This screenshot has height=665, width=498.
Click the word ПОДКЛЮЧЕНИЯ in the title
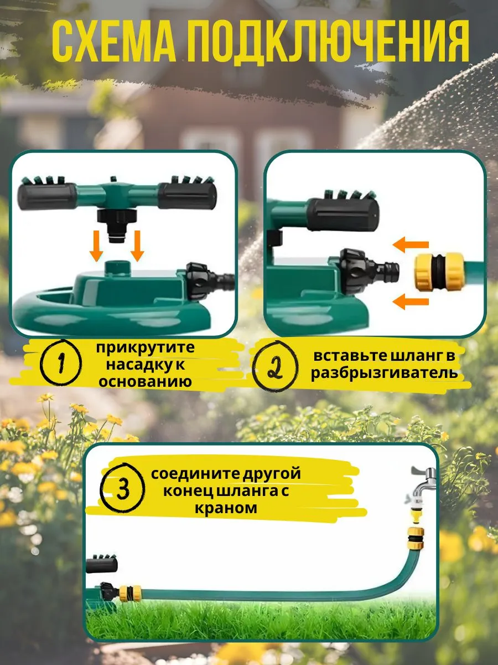(328, 42)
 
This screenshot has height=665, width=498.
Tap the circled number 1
(61, 362)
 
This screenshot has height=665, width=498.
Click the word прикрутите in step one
(146, 348)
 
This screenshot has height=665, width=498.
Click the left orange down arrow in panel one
(96, 246)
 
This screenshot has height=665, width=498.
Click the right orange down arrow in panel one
(137, 246)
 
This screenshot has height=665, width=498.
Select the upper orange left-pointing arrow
(411, 245)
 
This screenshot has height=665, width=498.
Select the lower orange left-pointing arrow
(411, 302)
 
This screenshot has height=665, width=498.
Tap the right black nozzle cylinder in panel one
(188, 196)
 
